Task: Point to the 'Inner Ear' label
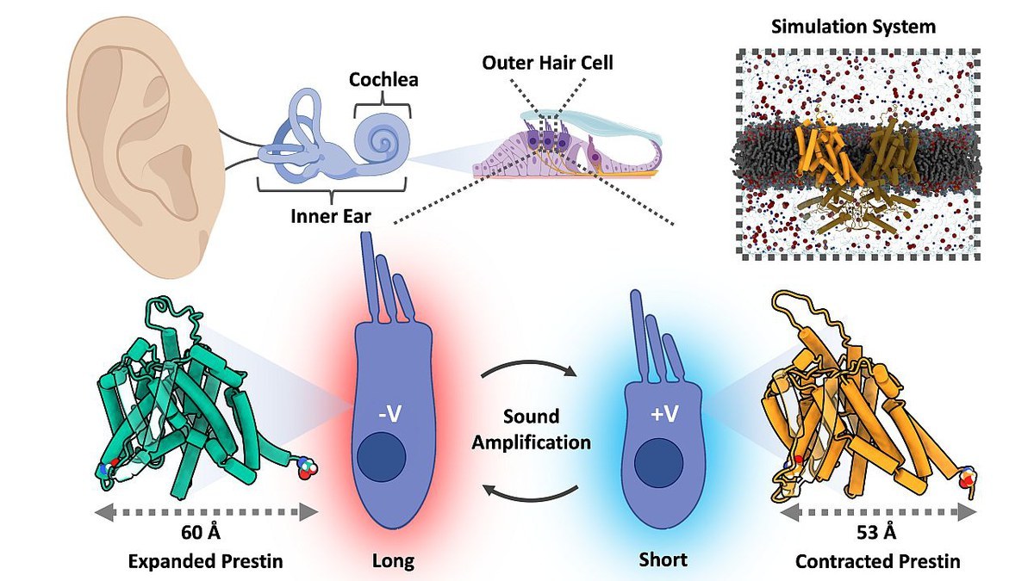[331, 215]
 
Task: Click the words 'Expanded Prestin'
[205, 561]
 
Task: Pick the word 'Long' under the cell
[393, 561]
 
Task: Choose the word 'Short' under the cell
[663, 560]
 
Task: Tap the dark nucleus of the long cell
[383, 455]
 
